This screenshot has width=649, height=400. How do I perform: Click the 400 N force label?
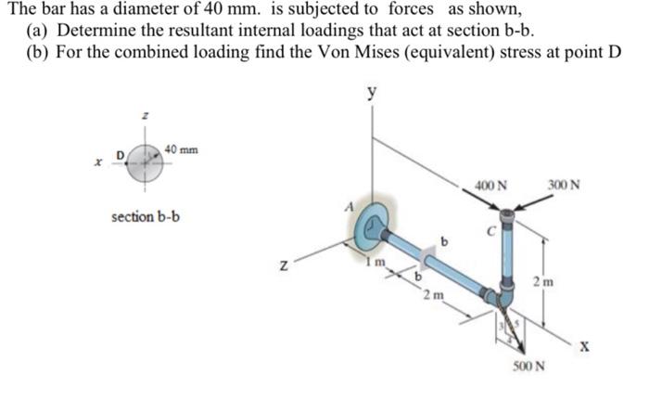(490, 184)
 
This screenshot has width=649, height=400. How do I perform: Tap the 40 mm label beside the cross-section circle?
(181, 149)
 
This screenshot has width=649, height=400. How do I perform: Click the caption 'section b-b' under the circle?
(146, 216)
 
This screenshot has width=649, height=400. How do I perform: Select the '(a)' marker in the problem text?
(36, 30)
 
